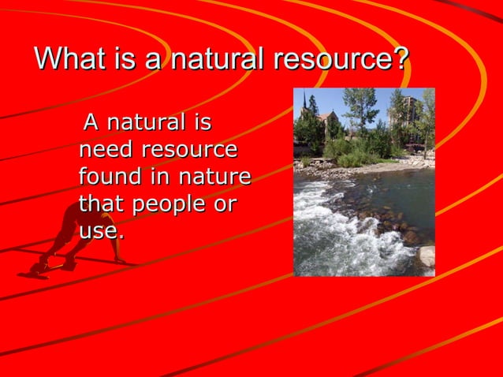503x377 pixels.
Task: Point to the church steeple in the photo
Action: click(x=304, y=103)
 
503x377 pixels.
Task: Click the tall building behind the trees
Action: click(x=408, y=110)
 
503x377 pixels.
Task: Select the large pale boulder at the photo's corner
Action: click(x=426, y=256)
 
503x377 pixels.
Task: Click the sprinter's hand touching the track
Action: click(x=119, y=261)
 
